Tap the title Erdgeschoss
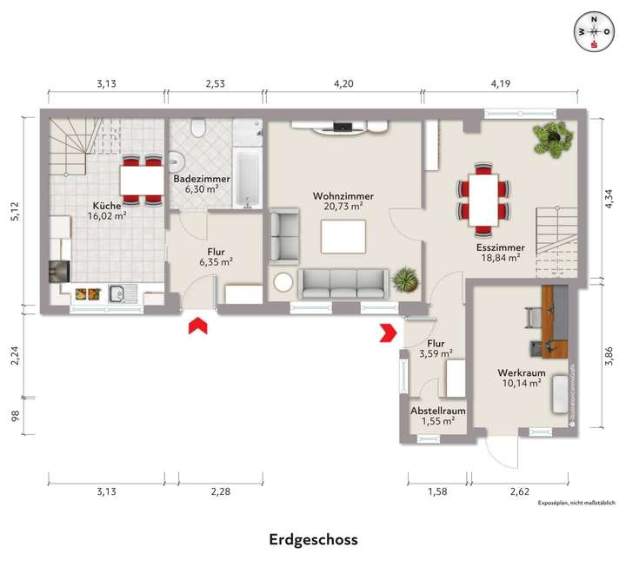click(313, 539)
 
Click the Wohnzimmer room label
click(338, 196)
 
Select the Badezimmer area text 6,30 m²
click(202, 188)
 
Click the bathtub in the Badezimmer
click(246, 175)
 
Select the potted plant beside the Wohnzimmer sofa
click(404, 280)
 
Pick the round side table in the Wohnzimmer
click(283, 283)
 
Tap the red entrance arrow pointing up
click(198, 325)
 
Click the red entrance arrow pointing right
click(388, 332)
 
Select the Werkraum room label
click(519, 373)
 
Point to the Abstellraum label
click(438, 412)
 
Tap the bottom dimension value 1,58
click(438, 492)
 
